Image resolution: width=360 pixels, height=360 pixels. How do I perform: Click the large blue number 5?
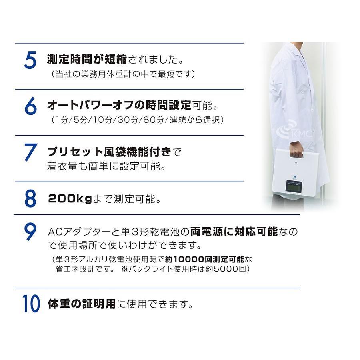click(x=30, y=61)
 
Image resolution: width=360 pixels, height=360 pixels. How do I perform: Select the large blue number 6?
click(x=31, y=106)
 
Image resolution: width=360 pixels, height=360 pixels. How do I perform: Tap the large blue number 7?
click(x=31, y=153)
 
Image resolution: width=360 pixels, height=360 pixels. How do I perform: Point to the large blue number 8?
click(x=31, y=199)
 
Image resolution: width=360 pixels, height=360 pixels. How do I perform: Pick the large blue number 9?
click(x=31, y=233)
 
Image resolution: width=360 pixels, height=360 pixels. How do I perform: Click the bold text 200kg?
click(x=70, y=199)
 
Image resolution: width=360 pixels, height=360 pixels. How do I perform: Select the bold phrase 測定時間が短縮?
click(x=87, y=61)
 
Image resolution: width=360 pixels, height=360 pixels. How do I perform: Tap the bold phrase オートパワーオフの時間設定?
click(x=119, y=106)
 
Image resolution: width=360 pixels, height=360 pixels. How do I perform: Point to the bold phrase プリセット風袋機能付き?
click(x=109, y=152)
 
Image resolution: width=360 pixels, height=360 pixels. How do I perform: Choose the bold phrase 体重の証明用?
click(x=82, y=304)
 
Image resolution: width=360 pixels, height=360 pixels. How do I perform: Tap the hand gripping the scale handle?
click(x=296, y=152)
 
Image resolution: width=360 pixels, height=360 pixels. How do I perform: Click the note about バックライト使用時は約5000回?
click(x=186, y=269)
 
